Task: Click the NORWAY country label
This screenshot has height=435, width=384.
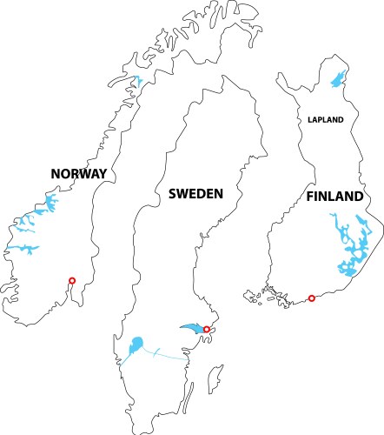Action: coord(78,174)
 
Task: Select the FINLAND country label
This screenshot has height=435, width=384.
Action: coord(334,197)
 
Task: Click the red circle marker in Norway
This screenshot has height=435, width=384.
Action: coord(72,280)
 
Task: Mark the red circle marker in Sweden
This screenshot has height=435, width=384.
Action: coord(206,329)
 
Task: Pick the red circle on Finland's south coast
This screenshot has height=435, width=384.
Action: coord(312,298)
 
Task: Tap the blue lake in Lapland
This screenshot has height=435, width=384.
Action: coord(336,79)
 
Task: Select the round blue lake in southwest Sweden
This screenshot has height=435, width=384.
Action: coord(136,346)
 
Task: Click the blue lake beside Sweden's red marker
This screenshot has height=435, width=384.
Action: coord(192,327)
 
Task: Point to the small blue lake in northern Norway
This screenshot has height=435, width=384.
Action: coord(137,84)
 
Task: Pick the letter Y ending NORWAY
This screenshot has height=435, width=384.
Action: coord(103,174)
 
